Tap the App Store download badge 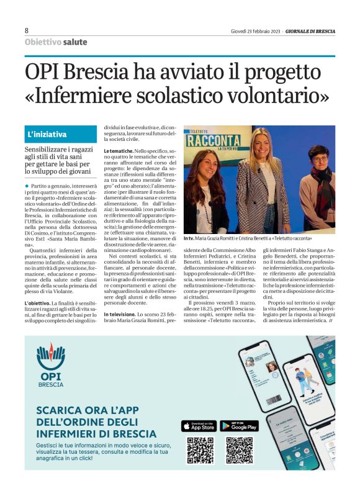[x=199, y=426]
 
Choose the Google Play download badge [x=239, y=426]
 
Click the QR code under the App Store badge [x=200, y=451]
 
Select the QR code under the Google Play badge [x=239, y=451]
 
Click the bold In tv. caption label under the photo [x=189, y=238]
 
